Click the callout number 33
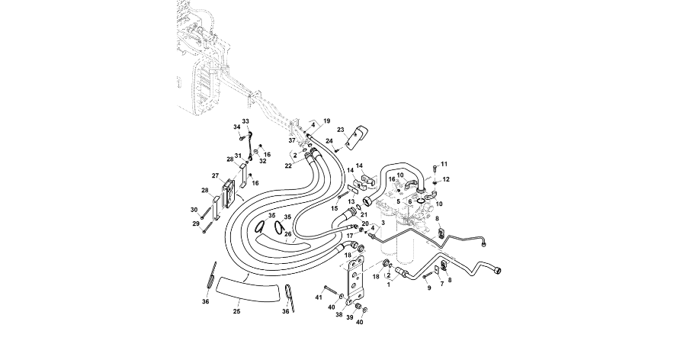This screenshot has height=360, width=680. [245, 121]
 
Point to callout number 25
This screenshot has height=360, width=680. [236, 312]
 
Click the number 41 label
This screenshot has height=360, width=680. [319, 296]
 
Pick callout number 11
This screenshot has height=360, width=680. [444, 164]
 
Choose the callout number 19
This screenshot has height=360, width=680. [326, 121]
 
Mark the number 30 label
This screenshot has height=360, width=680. [194, 209]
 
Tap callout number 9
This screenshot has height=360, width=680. [428, 288]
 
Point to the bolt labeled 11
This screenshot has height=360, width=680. [435, 167]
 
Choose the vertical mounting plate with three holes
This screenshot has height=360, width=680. [356, 283]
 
